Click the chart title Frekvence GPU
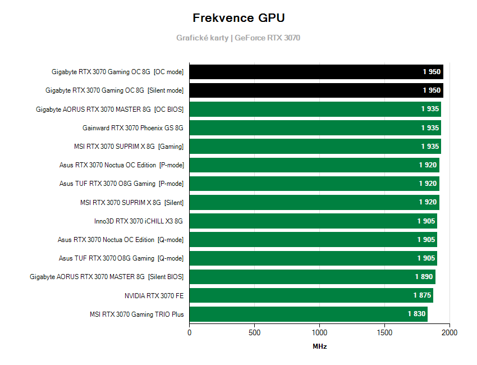238,18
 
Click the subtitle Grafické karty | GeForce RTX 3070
238,38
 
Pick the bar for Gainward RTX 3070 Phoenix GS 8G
315,128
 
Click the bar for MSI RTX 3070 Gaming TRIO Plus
308,314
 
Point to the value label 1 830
416,314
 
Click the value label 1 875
422,295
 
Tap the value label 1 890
424,277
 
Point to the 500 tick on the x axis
254,332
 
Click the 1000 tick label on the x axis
319,332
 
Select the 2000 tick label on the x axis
449,332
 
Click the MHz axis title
319,346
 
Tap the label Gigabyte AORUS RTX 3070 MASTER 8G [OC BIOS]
109,109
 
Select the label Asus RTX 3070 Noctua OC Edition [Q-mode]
120,240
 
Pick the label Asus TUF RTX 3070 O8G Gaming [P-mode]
121,184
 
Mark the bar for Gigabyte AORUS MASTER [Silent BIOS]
312,277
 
